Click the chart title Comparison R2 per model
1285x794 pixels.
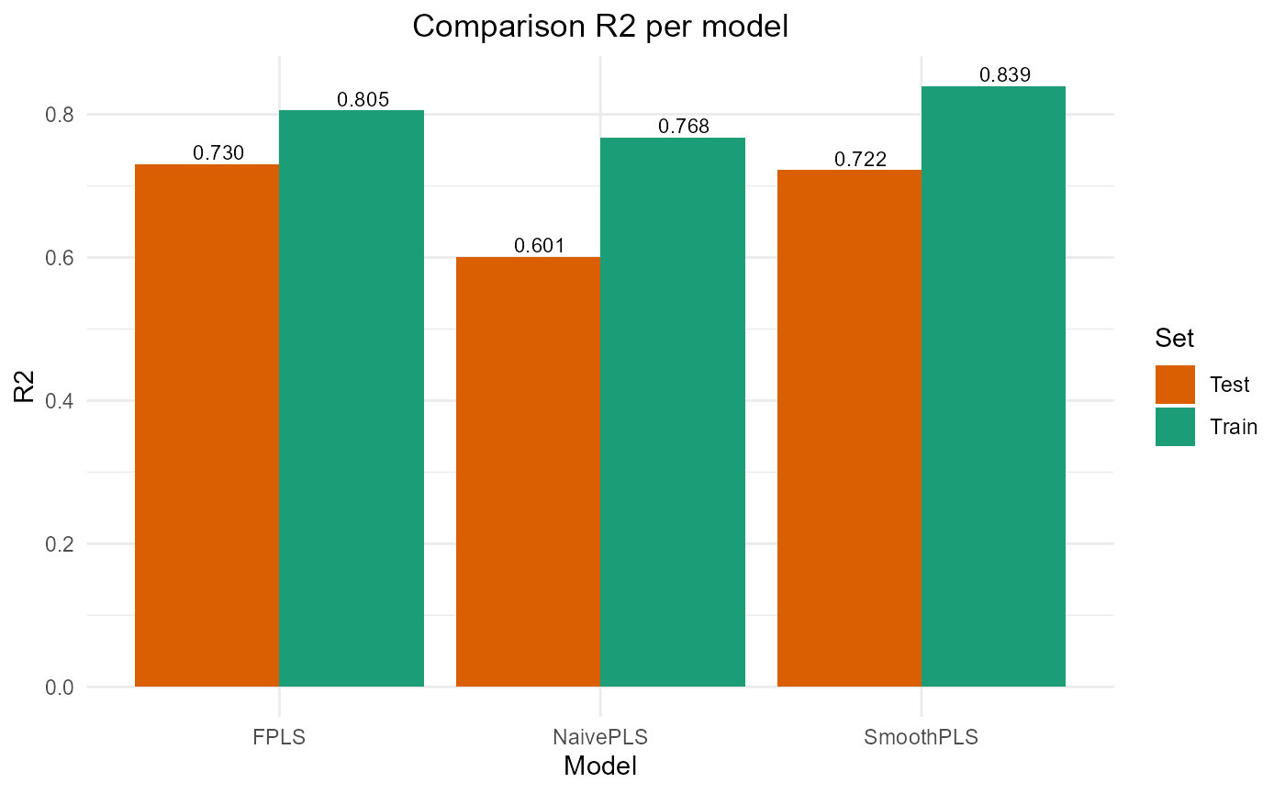click(600, 27)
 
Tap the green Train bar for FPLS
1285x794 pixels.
click(352, 398)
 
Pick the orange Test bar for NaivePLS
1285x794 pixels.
click(528, 472)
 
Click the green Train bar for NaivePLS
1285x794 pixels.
click(673, 412)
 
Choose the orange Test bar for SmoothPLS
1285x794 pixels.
click(849, 428)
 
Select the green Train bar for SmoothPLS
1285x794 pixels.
click(993, 386)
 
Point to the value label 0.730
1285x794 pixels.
click(218, 153)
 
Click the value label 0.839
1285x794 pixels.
click(1005, 75)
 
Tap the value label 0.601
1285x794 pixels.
click(540, 246)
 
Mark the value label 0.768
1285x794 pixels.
click(684, 127)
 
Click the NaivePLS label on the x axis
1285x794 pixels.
click(600, 737)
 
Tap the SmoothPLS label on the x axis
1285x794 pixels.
click(921, 737)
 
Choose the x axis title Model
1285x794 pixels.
click(600, 766)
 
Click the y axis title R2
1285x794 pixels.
click(25, 386)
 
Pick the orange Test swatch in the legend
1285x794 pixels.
click(1175, 385)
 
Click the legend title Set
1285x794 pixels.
click(1175, 339)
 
